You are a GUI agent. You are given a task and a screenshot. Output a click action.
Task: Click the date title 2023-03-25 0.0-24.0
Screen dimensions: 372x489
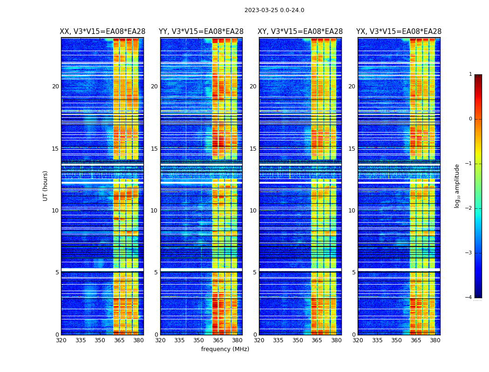click(274, 10)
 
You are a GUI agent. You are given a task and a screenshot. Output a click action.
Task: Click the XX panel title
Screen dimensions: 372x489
click(102, 32)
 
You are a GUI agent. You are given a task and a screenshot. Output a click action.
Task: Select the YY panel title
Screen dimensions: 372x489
click(201, 32)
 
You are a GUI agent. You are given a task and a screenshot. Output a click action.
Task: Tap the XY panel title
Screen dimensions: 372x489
click(300, 32)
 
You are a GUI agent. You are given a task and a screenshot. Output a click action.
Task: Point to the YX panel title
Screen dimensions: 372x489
click(399, 32)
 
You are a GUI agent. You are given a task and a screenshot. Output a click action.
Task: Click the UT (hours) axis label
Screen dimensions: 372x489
click(46, 186)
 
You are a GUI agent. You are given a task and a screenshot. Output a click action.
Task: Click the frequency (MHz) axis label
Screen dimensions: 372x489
click(225, 349)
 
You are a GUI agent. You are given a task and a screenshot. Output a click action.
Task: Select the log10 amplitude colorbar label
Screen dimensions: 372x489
click(457, 186)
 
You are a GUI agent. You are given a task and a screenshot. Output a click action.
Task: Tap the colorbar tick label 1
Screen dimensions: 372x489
click(470, 74)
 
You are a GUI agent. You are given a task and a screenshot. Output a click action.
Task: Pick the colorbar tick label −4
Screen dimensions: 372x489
click(469, 298)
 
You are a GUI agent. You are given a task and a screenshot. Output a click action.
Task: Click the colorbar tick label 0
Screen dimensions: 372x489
click(470, 119)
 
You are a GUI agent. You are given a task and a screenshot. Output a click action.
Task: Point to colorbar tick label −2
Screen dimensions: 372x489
click(469, 208)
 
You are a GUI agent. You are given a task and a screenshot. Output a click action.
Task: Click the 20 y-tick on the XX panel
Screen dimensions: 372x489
click(55, 86)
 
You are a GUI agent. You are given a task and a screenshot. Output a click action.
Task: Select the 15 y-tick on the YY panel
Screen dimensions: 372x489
click(154, 149)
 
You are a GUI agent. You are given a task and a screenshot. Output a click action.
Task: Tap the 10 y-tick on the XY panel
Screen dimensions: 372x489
click(253, 211)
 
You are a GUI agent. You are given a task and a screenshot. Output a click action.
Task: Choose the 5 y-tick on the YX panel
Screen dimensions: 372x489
click(353, 272)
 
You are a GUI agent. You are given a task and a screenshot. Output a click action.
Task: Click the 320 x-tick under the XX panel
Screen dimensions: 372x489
click(61, 340)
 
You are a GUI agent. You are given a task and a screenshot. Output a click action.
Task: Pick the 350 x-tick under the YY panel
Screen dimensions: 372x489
click(199, 340)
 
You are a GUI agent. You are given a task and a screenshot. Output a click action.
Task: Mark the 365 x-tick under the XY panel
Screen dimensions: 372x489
click(317, 340)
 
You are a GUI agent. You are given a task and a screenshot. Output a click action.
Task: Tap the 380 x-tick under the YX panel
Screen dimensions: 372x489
click(435, 340)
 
